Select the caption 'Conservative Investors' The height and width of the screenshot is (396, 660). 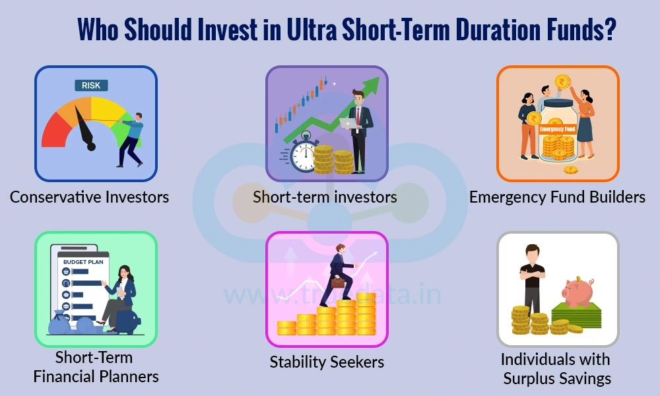89,197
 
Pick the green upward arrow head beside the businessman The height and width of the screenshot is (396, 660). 372,84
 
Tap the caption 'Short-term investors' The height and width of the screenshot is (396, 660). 325,197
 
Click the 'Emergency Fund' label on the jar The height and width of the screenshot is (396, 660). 558,129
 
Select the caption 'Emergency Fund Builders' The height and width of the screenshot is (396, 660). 557,197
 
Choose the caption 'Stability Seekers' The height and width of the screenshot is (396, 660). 327,362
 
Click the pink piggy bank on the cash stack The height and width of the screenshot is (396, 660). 577,291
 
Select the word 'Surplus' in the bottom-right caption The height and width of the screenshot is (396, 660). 533,379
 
